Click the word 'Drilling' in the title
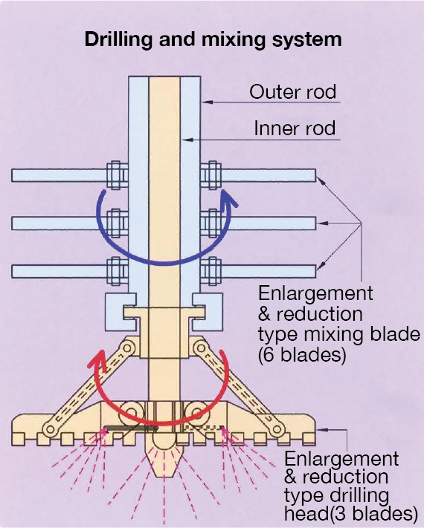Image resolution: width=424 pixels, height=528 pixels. tap(118, 39)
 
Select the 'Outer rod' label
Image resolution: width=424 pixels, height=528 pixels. tap(293, 91)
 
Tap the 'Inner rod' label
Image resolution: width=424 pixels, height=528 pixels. tap(295, 128)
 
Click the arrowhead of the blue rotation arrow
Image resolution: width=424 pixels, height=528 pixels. tap(228, 199)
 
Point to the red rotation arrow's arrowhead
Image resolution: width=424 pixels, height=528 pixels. tap(97, 359)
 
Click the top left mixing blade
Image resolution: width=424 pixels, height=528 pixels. tap(59, 175)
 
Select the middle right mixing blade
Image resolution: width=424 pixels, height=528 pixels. tap(269, 224)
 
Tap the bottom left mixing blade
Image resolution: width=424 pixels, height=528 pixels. tap(59, 271)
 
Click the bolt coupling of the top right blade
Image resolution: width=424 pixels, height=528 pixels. tap(211, 175)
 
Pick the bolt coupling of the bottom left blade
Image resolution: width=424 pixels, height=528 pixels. tap(117, 271)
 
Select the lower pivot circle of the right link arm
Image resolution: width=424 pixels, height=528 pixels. tap(277, 429)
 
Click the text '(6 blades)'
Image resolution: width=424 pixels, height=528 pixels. tap(302, 355)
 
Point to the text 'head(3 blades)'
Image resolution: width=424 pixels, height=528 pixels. tap(351, 514)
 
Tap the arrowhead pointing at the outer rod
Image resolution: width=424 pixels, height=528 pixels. tap(208, 102)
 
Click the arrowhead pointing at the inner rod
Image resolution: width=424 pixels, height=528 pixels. tap(187, 140)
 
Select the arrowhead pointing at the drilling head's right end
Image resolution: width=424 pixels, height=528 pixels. tap(323, 430)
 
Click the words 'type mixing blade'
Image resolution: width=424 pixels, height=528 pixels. tap(339, 334)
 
